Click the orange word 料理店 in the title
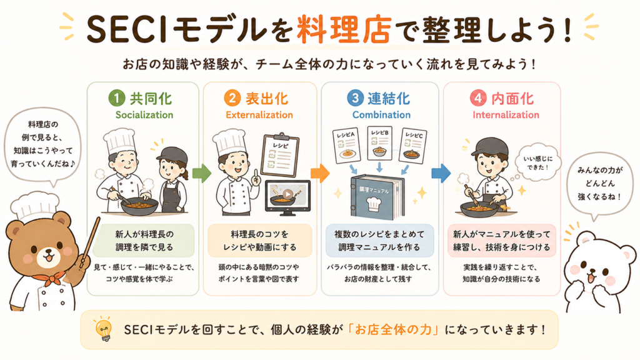(x=344, y=29)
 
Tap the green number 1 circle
(x=117, y=98)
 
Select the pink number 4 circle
(x=478, y=98)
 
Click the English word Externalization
(x=259, y=115)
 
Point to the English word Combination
(x=381, y=115)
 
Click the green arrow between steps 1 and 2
(x=201, y=173)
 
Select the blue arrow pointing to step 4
(x=441, y=173)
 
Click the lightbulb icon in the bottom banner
(x=103, y=329)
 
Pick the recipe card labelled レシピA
(x=346, y=146)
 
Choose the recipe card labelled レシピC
(x=412, y=146)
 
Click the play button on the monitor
(x=288, y=194)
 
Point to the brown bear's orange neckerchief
(x=49, y=278)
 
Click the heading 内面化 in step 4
(x=512, y=99)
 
